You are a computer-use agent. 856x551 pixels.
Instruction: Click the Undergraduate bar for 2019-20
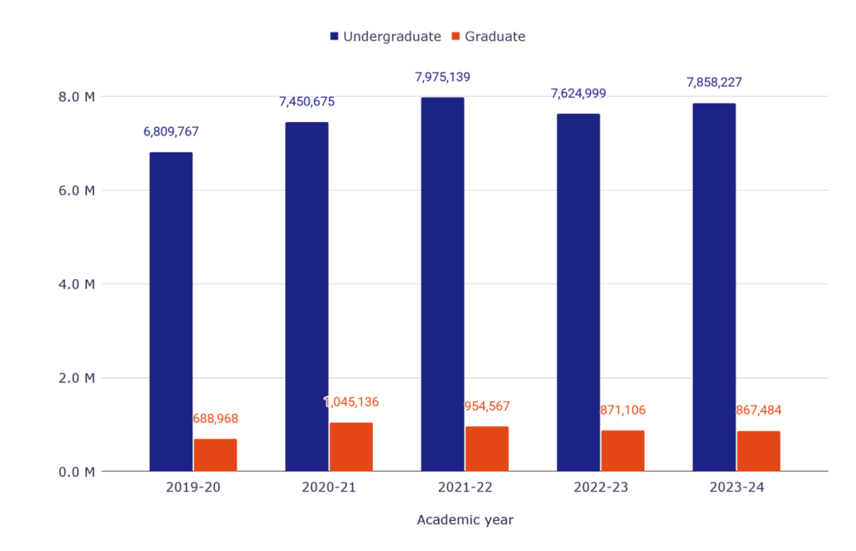(171, 311)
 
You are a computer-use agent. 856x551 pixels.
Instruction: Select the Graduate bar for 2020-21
(351, 446)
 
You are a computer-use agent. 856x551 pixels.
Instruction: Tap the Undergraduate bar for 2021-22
(442, 284)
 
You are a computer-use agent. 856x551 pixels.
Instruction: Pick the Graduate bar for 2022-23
(623, 451)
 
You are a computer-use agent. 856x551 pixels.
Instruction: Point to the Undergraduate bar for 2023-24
(714, 287)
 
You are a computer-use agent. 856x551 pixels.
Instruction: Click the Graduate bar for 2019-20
(216, 455)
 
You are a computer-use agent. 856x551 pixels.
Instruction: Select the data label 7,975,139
(442, 77)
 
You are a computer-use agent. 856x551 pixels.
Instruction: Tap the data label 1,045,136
(351, 402)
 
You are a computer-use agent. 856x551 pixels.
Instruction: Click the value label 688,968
(216, 418)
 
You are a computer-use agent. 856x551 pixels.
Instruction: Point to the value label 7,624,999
(578, 93)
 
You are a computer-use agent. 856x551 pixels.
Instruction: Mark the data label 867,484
(759, 411)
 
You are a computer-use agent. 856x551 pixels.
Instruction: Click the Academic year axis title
(465, 520)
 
